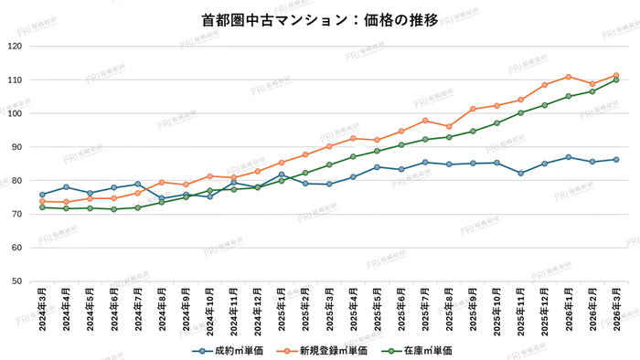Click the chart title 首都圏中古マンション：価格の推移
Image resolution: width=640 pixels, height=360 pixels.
tap(320, 18)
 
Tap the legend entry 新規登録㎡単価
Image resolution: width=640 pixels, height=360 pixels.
tap(331, 349)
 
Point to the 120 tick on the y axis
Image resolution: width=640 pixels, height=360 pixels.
tap(16, 47)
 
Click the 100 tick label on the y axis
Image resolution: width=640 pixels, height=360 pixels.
tap(16, 113)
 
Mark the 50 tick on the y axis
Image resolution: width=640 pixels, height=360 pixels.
tap(19, 281)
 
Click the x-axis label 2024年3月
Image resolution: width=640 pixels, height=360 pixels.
tap(42, 312)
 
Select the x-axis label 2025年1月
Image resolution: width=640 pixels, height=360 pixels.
tap(282, 312)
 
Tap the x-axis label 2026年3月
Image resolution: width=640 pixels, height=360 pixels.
tap(616, 312)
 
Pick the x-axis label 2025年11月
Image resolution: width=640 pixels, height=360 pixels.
tap(520, 312)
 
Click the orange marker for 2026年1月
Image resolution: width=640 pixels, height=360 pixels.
tap(569, 77)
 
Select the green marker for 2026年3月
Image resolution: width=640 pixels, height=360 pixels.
tap(616, 79)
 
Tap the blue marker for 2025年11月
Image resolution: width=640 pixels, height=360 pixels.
tap(520, 173)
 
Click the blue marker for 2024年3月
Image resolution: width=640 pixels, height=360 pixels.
tap(42, 195)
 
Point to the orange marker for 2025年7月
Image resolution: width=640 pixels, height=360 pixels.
tap(425, 121)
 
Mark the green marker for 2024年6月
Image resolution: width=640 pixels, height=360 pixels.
tap(114, 209)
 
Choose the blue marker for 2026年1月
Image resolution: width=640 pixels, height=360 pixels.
tap(569, 157)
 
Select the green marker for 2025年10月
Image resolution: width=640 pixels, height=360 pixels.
tap(496, 123)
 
